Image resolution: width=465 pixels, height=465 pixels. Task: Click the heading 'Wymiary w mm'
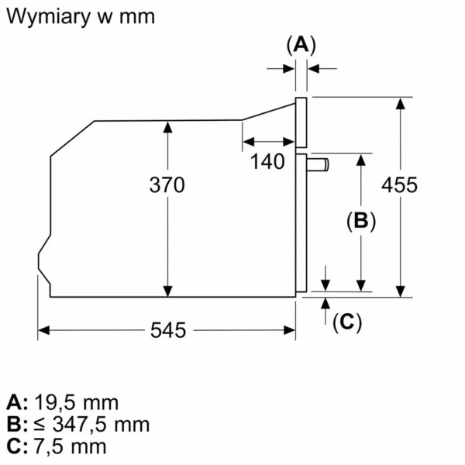tap(80, 16)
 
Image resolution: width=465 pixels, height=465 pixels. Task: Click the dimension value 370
tap(167, 185)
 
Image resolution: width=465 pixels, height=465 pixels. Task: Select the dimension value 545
tap(168, 330)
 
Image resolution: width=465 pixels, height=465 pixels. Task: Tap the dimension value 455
tap(400, 185)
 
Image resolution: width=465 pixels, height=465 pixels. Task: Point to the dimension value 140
tap(268, 162)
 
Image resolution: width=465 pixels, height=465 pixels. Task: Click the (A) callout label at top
tap(301, 45)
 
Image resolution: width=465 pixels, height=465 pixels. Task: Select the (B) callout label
tap(360, 221)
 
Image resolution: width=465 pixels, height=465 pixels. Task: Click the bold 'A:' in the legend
tap(17, 402)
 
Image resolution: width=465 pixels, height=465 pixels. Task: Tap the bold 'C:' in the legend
tap(17, 446)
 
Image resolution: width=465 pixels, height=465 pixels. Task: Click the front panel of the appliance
tap(301, 122)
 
